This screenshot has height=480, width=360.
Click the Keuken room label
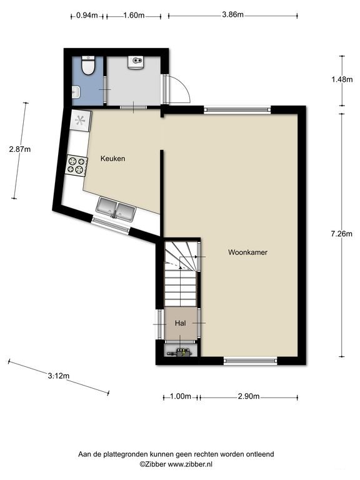[x=112, y=159]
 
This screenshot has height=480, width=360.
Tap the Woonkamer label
[x=247, y=252]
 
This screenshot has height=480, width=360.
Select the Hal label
[x=180, y=323]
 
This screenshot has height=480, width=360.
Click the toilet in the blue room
[x=88, y=65]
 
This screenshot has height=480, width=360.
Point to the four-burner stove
[x=76, y=165]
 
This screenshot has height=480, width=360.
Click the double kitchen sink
[x=116, y=209]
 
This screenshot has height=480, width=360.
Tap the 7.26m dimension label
[x=342, y=234]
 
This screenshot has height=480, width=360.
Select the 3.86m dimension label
[x=232, y=14]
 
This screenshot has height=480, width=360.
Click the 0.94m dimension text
[x=87, y=15]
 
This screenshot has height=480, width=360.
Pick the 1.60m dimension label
[x=134, y=15]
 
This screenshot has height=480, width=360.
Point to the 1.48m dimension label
[x=342, y=79]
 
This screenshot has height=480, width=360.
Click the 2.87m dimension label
[x=20, y=149]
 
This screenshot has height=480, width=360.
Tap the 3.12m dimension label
[x=59, y=375]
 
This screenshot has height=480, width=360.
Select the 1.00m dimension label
[x=181, y=396]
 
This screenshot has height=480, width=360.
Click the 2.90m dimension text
[x=249, y=396]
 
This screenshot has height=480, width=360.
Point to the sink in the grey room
[x=135, y=62]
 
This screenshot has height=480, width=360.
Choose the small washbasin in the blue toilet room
[x=76, y=92]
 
